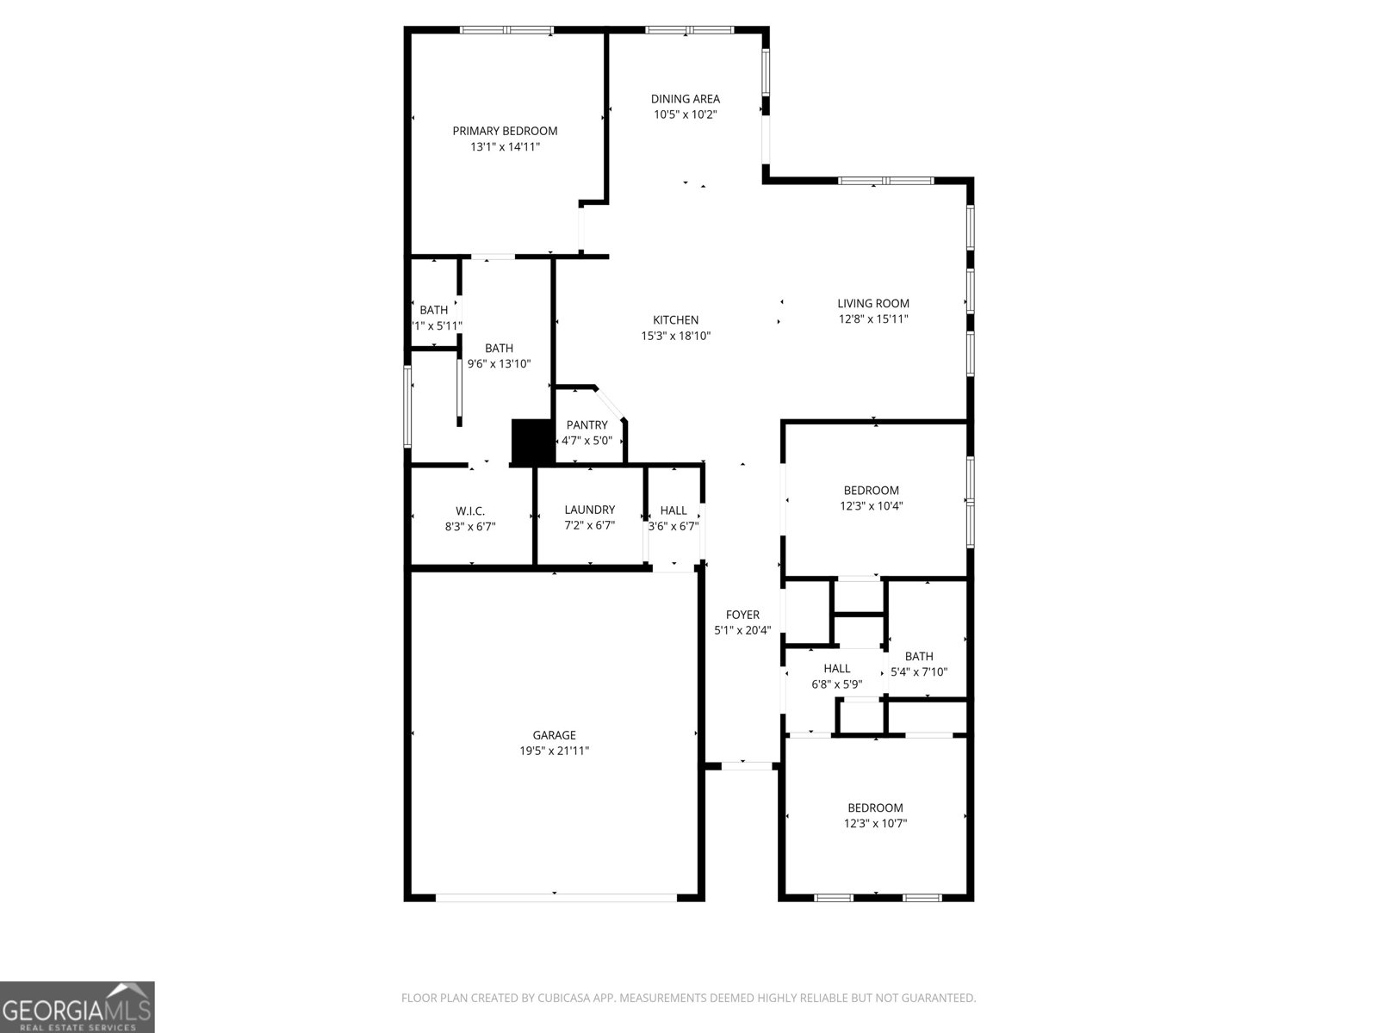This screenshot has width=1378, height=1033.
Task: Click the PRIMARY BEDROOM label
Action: [x=505, y=131]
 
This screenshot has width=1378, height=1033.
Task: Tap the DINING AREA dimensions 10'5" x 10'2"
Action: [x=685, y=114]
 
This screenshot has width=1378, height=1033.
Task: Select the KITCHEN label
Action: [x=675, y=320]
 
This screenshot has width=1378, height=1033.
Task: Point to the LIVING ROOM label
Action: [x=873, y=303]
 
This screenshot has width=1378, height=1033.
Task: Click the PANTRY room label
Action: [x=587, y=425]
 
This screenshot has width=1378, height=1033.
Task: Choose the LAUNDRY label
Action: [x=589, y=510]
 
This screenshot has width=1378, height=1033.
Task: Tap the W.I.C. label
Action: [x=470, y=511]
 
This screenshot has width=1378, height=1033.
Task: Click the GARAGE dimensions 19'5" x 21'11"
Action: [x=554, y=751]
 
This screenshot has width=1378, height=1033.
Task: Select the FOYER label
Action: [x=742, y=615]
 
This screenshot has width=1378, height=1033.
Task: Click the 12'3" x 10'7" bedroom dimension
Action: [x=875, y=824]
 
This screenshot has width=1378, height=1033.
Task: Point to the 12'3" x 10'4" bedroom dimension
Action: [x=871, y=506]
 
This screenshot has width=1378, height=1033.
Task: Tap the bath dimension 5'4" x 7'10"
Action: [x=919, y=672]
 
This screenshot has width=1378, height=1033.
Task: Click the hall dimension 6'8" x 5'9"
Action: [x=836, y=684]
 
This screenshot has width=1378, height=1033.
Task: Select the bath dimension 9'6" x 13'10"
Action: [x=499, y=364]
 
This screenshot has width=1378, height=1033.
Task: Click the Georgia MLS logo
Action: [x=78, y=1007]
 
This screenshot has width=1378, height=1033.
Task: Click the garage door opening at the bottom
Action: [x=556, y=898]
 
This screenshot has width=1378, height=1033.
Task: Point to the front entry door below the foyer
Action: [x=747, y=764]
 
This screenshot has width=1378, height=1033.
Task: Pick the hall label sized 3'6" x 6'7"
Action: [x=673, y=510]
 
